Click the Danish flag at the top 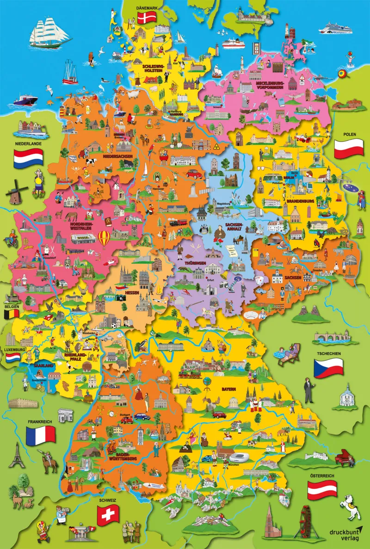(148, 18)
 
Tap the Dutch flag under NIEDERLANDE (28, 158)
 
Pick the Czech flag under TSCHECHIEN (328, 368)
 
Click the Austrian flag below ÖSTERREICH (323, 489)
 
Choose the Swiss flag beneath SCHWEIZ (108, 513)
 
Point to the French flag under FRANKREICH (40, 435)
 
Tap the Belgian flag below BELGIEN (12, 314)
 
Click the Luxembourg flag (12, 357)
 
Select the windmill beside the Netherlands (14, 190)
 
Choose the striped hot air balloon (105, 239)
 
